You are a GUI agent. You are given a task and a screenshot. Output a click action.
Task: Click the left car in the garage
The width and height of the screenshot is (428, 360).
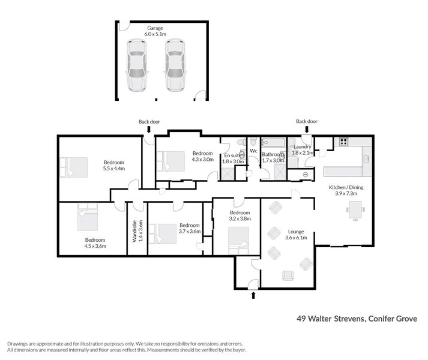(136, 67)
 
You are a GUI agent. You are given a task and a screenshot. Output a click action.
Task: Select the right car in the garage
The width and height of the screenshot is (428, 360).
(175, 67)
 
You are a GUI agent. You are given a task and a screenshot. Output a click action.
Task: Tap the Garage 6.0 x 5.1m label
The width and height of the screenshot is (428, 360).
(155, 31)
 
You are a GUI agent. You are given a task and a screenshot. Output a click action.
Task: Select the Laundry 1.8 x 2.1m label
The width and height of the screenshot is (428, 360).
(302, 149)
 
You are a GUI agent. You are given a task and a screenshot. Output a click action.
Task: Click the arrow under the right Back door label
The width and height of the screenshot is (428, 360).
(307, 129)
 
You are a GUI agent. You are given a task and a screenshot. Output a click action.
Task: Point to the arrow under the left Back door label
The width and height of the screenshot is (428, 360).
(149, 129)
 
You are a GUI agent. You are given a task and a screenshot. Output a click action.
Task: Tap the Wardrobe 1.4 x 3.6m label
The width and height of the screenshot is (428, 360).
(138, 230)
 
